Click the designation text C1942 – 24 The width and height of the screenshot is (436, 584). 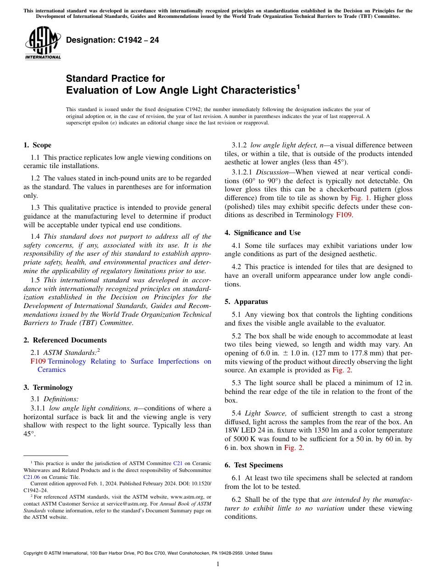pos(112,40)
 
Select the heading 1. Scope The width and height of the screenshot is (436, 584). pos(38,145)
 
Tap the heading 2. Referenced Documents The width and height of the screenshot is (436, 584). pos(65,340)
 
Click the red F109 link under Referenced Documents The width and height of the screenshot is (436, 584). pos(37,361)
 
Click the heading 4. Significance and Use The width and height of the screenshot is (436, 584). pos(263,233)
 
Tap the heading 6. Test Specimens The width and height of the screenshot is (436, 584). pos(254,465)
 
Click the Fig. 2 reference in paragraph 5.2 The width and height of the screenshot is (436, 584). pos(341,370)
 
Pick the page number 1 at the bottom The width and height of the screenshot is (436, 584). pos(218,564)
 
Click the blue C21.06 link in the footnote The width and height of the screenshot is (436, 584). pos(32,477)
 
